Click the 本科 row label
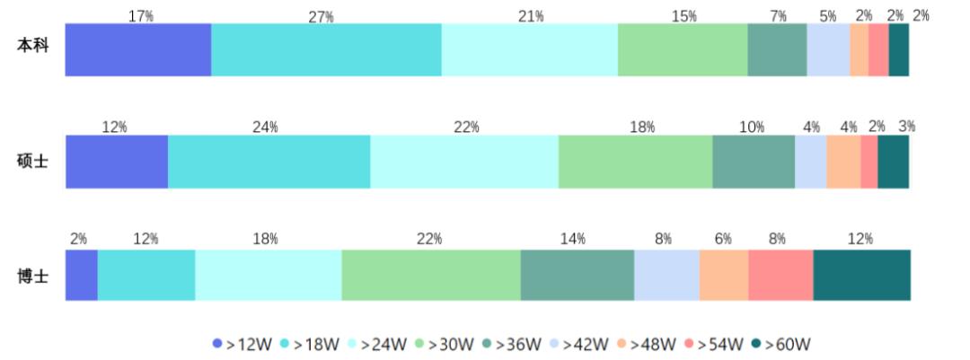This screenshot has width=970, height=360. pos(32,46)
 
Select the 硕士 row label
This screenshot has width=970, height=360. pos(32,162)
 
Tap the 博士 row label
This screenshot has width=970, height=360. pos(32,276)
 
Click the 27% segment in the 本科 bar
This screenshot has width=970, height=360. pos(326,50)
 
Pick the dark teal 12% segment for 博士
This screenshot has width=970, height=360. pos(861,276)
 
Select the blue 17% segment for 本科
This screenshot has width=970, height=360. pos(138,50)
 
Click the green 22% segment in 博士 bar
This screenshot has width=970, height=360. pos(431,276)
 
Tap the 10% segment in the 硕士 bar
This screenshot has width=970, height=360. pos(754,162)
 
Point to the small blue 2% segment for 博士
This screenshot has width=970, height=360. pos(81,276)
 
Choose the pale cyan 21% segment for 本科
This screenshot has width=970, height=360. pos(530,50)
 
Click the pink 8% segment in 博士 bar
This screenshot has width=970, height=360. pos(780,276)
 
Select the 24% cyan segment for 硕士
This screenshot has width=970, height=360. pos(269,162)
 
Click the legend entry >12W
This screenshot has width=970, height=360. pos(242,345)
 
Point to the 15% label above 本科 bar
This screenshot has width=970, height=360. pos(683,16)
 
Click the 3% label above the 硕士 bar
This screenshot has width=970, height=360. pos(906,127)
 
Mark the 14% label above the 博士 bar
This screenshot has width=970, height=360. pos(574,239)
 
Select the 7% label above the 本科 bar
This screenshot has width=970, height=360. pos(778,16)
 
